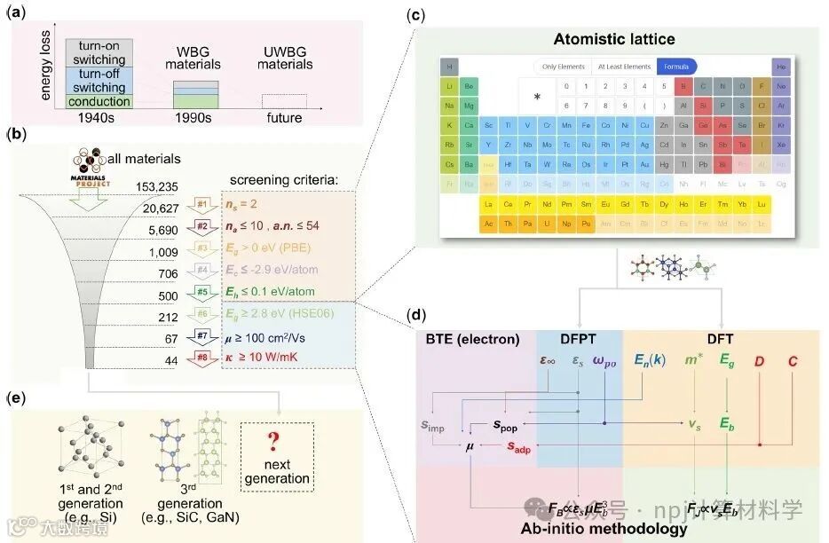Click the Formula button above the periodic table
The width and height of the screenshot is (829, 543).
676,67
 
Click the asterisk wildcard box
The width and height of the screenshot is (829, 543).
535,95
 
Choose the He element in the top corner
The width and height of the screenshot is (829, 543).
781,67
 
